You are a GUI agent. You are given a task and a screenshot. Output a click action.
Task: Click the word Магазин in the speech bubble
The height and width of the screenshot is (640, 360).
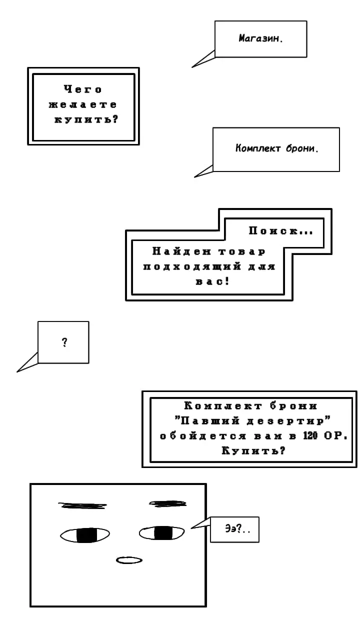pyautogui.click(x=259, y=38)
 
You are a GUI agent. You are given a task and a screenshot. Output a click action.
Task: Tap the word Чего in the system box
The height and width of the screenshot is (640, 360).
pyautogui.click(x=83, y=89)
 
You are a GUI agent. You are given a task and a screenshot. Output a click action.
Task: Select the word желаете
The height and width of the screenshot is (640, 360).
pyautogui.click(x=83, y=104)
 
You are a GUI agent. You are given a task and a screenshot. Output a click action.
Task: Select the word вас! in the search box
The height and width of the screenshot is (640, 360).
pyautogui.click(x=212, y=281)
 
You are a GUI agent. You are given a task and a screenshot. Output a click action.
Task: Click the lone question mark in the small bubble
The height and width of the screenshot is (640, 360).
pyautogui.click(x=64, y=342)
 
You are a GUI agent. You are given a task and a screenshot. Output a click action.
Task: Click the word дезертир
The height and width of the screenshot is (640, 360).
pyautogui.click(x=285, y=421)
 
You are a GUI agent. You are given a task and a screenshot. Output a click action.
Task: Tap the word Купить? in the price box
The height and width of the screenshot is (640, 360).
pyautogui.click(x=253, y=451)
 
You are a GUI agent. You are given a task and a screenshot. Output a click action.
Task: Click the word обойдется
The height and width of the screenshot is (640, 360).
pyautogui.click(x=203, y=436)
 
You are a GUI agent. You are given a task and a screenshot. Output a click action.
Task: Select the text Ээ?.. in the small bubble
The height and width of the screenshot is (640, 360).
pyautogui.click(x=237, y=529)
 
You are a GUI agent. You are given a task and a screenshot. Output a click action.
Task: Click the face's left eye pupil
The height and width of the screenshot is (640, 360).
pyautogui.click(x=86, y=535)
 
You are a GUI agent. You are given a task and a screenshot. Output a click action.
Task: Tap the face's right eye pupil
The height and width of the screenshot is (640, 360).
pyautogui.click(x=163, y=533)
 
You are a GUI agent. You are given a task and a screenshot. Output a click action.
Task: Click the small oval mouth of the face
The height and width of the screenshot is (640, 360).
pyautogui.click(x=129, y=560)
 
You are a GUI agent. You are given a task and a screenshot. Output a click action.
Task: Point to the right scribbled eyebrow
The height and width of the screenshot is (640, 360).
pyautogui.click(x=167, y=503)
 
